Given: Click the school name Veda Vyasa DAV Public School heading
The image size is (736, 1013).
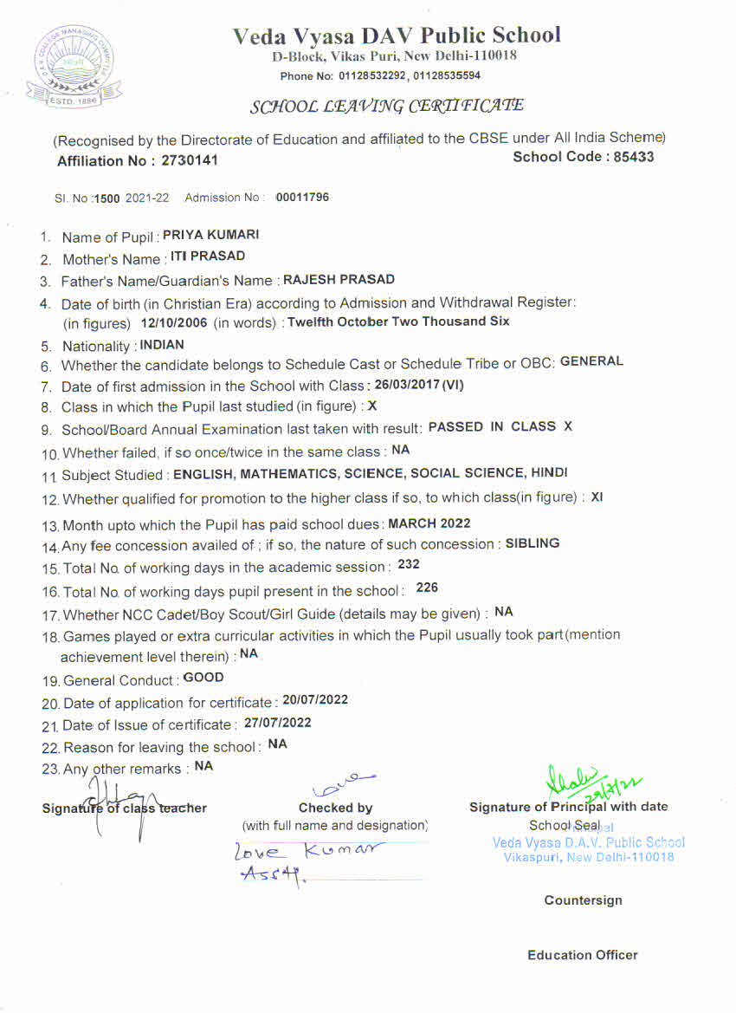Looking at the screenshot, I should pos(397,36).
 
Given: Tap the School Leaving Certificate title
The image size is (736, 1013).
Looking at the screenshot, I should pos(386,107).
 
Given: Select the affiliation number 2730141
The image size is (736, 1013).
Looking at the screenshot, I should pos(190,160).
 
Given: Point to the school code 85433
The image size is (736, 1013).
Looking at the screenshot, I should pos(633,158).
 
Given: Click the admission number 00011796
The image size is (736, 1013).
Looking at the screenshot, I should pos(302,198).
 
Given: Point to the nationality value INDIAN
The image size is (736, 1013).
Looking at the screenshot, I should pos(162,344).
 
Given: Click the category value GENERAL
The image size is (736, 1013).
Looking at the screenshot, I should pos(591,361).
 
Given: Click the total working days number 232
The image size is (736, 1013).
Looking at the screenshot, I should pos(409,564).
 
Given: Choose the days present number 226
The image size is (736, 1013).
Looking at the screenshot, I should pos(427,588).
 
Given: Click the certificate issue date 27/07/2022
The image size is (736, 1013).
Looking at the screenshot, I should pos(277,723).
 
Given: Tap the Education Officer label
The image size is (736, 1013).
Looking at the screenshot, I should pos(582,955).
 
